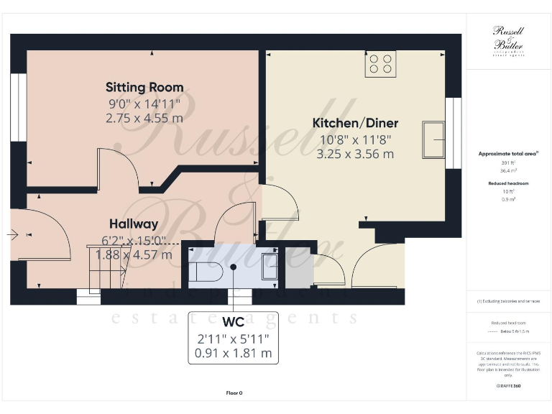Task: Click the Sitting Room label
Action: [x=144, y=87]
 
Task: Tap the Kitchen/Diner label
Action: [x=355, y=123]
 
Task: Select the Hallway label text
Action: [x=134, y=224]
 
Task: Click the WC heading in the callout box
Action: [x=234, y=321]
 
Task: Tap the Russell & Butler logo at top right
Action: [x=507, y=40]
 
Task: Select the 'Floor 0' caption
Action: [x=234, y=393]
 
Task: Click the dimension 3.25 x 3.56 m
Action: [x=355, y=153]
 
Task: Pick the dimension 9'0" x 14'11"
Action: [x=144, y=103]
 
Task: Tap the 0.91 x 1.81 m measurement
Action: [x=234, y=353]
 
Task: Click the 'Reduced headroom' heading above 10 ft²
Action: [x=507, y=183]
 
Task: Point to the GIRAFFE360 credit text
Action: [x=507, y=386]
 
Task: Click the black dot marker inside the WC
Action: [x=234, y=267]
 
